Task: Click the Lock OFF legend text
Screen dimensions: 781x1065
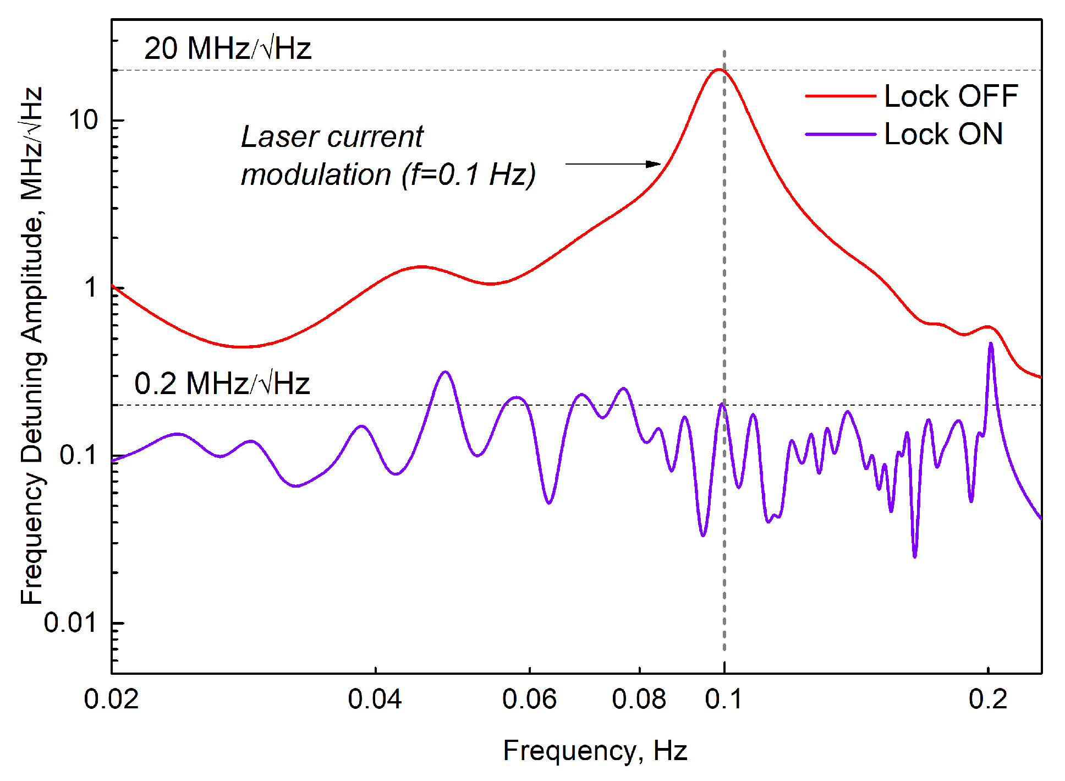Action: tap(951, 96)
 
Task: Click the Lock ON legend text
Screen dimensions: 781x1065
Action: tap(943, 134)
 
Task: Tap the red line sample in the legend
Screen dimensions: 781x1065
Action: tap(840, 96)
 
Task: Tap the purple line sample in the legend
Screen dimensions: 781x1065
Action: tap(840, 134)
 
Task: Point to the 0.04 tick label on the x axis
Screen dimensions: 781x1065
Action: tap(375, 699)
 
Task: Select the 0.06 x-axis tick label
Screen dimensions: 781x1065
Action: tap(529, 699)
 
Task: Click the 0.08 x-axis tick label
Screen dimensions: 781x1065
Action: tap(639, 699)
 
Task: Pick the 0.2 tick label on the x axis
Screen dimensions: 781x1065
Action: tap(988, 699)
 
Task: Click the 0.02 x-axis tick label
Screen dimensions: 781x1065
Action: tap(111, 699)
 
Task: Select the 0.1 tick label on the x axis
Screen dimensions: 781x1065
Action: tap(723, 699)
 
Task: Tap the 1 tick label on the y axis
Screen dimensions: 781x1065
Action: tap(91, 287)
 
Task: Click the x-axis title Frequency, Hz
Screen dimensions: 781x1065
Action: tap(595, 750)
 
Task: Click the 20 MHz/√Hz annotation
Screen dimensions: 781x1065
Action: tap(227, 48)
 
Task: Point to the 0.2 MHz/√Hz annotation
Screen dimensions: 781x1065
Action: tap(222, 383)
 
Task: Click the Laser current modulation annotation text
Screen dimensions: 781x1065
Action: tap(388, 155)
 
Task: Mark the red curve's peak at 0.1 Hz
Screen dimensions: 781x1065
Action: tap(718, 70)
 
